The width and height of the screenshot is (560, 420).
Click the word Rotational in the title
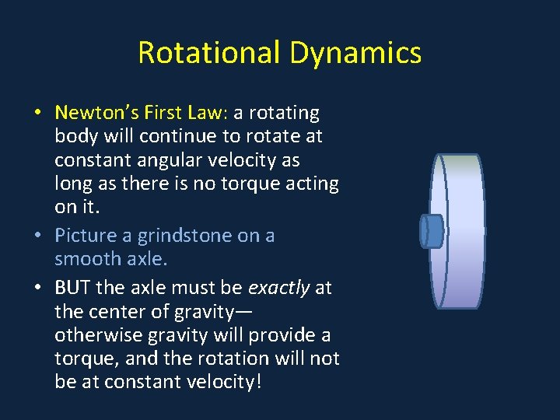click(209, 53)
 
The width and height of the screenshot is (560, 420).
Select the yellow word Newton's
click(92, 113)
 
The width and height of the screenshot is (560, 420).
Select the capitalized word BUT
click(72, 288)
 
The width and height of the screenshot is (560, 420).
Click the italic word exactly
click(278, 288)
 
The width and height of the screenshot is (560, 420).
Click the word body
click(75, 136)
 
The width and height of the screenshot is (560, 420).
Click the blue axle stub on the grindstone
click(431, 231)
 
